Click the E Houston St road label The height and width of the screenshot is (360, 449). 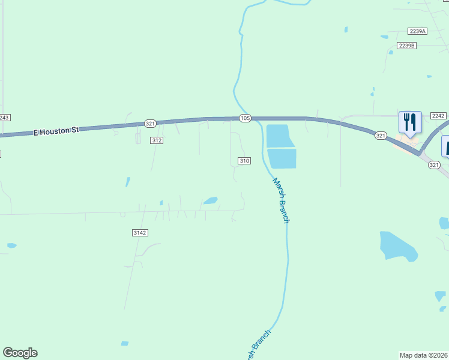[x=56, y=130]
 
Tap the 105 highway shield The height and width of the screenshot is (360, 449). [x=244, y=119]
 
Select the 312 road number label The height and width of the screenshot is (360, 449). [x=157, y=140]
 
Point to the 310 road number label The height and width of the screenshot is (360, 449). [x=244, y=161]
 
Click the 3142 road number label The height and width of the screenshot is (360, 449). [x=140, y=233]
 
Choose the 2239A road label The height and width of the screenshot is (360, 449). [x=417, y=31]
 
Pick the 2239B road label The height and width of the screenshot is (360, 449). [x=406, y=46]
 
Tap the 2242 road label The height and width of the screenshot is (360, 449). [x=438, y=116]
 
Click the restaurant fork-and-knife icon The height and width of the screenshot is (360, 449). [x=410, y=122]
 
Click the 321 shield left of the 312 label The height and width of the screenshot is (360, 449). [x=150, y=123]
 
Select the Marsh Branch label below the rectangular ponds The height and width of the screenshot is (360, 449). [x=281, y=200]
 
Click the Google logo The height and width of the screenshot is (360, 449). [x=20, y=353]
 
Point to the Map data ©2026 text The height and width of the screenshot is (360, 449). [x=423, y=355]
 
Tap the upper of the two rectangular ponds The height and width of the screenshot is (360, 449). [x=279, y=136]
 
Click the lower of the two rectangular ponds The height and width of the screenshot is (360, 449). [x=282, y=158]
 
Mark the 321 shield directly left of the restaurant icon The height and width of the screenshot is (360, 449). [x=381, y=136]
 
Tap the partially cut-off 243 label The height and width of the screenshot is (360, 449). [x=5, y=118]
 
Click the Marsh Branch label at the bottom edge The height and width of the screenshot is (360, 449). [x=258, y=346]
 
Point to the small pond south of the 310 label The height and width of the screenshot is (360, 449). [x=210, y=201]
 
